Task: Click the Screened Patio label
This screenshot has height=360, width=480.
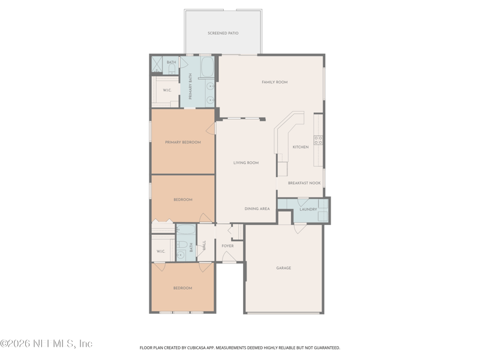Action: pos(223,33)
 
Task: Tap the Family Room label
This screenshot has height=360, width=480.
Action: pos(275,82)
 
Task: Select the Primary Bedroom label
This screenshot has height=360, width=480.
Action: pos(183,142)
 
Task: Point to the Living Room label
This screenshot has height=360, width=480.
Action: pos(246,163)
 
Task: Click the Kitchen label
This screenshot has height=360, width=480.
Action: pos(301,147)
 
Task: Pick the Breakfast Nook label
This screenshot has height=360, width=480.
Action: pos(304,183)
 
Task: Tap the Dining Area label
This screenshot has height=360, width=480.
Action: pos(257,209)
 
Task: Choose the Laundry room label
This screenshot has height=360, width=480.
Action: pos(308,209)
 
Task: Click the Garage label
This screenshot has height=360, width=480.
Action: pos(283,268)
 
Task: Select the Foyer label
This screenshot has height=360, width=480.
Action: pos(227,246)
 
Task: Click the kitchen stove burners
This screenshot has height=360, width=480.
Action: pos(319,140)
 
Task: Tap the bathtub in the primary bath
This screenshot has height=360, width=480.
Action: pos(208,67)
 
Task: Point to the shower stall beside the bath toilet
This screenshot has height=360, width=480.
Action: pos(157,64)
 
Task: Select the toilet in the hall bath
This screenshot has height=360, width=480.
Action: pos(182,245)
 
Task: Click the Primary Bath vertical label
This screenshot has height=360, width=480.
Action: pos(190,86)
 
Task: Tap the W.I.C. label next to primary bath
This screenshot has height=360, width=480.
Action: pos(167,91)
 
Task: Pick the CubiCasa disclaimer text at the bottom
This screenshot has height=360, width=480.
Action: pos(239,348)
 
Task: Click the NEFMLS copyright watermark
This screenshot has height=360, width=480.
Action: pos(46,343)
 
